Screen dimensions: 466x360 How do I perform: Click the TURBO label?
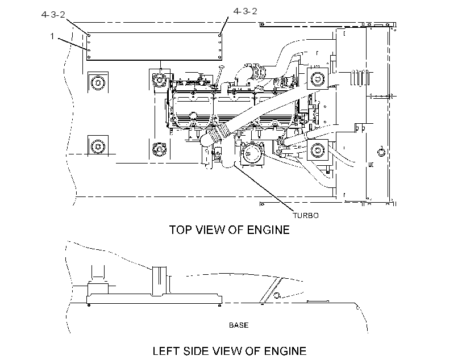pos(306,215)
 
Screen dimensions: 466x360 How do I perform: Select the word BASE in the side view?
pos(239,325)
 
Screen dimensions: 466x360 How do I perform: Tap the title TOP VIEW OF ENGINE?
pos(229,230)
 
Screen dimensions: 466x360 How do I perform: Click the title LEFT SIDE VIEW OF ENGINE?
pos(230,351)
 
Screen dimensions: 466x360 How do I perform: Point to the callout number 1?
pos(52,36)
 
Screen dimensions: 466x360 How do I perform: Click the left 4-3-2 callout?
pos(53,15)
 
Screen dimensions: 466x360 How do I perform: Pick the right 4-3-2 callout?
pos(245,11)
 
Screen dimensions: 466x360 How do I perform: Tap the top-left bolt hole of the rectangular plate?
pos(89,35)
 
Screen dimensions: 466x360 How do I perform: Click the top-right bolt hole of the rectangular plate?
pos(219,35)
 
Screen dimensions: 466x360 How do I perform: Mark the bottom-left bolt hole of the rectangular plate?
pos(89,57)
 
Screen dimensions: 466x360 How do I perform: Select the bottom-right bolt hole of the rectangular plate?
pos(219,57)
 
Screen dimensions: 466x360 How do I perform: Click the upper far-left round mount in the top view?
pos(98,82)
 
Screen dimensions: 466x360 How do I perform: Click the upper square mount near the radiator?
pos(318,79)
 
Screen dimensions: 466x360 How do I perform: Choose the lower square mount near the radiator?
pos(318,150)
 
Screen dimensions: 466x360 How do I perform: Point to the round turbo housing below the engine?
pos(252,153)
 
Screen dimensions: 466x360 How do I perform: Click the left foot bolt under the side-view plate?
pos(89,305)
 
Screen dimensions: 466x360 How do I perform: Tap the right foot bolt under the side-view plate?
pos(219,305)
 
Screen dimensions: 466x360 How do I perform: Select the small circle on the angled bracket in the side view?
pos(277,295)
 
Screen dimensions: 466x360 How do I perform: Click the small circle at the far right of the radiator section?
pos(381,152)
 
